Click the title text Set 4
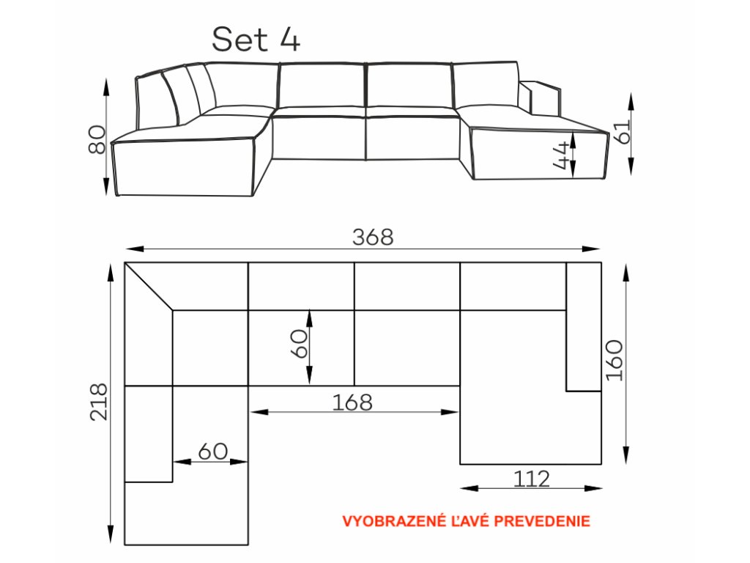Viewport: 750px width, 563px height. (256, 40)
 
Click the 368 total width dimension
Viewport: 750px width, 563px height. (373, 237)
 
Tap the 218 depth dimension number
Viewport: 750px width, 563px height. (99, 402)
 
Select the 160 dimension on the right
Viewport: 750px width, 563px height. (615, 360)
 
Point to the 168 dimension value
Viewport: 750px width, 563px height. (352, 402)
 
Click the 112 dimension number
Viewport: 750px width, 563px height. (532, 479)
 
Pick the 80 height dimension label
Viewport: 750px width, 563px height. (97, 139)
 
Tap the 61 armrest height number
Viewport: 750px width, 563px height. (625, 131)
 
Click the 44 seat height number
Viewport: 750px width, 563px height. (562, 155)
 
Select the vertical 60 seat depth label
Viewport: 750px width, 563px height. (300, 343)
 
